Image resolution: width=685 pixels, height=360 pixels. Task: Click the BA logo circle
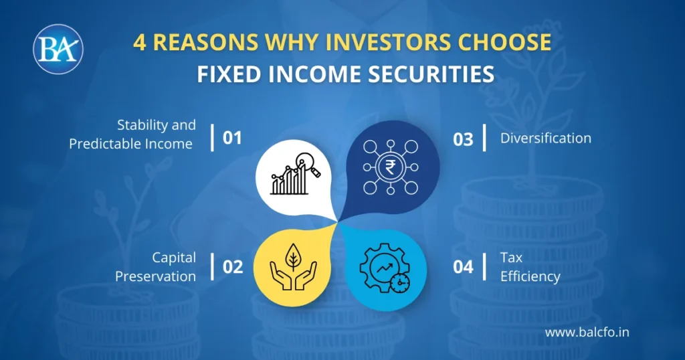[58, 49]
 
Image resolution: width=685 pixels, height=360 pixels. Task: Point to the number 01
[231, 139]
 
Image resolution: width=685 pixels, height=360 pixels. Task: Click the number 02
[232, 267]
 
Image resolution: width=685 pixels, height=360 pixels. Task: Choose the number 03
[463, 139]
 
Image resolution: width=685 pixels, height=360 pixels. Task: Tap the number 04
[463, 267]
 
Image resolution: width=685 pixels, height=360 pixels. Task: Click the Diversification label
[545, 139]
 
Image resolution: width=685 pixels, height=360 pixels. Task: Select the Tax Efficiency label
[530, 267]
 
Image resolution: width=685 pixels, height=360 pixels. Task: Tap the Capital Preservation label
[155, 267]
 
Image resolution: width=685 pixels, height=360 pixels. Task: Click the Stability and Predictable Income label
[132, 134]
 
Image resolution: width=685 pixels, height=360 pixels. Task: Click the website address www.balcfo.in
[587, 332]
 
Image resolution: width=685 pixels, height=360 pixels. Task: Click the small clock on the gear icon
[401, 282]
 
